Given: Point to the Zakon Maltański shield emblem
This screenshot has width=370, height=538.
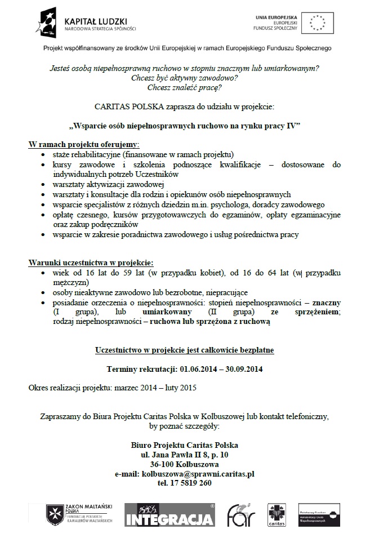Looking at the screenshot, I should tap(55, 514).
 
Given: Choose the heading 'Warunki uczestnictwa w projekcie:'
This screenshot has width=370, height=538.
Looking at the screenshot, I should tap(91, 263).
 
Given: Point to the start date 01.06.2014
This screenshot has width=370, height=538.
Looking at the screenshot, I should tap(199, 370).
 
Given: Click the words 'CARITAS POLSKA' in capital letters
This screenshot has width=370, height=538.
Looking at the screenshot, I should tap(123, 105).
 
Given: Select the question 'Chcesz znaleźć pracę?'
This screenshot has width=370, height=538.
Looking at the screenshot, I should tap(184, 87).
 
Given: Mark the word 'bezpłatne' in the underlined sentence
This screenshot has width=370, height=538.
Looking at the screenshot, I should tap(256, 350).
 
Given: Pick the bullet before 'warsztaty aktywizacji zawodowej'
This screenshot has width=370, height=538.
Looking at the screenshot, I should tap(44, 184).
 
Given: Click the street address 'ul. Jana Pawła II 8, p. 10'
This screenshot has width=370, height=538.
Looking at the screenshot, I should tap(185, 455).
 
